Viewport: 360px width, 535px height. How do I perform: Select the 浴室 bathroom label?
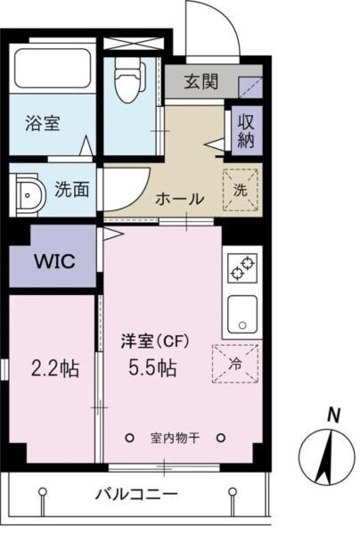click(x=42, y=124)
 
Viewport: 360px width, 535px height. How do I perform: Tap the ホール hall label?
click(x=180, y=198)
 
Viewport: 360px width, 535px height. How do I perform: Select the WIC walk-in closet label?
click(x=53, y=261)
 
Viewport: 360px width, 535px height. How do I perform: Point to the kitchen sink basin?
click(x=241, y=313)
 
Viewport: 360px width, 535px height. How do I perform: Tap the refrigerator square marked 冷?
click(x=233, y=362)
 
